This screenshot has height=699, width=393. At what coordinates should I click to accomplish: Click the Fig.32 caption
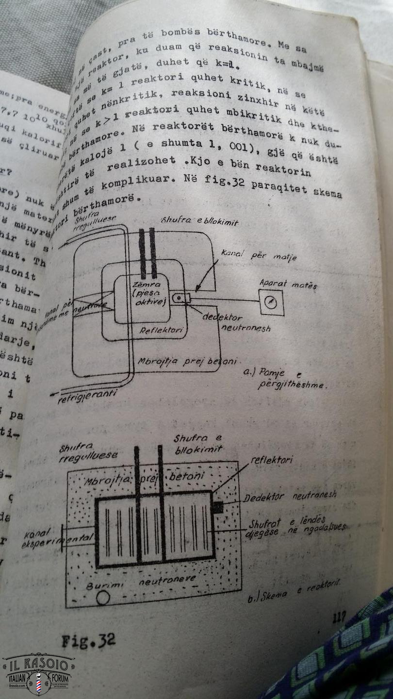coord(88,640)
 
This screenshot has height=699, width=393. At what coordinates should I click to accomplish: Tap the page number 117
coord(339,618)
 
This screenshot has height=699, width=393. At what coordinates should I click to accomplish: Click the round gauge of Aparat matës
coord(271,303)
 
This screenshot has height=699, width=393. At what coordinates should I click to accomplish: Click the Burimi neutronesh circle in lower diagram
coord(103,598)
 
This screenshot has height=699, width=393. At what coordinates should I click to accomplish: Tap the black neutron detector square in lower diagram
coord(217,507)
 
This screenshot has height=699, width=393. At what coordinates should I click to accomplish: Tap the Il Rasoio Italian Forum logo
coord(39,674)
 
